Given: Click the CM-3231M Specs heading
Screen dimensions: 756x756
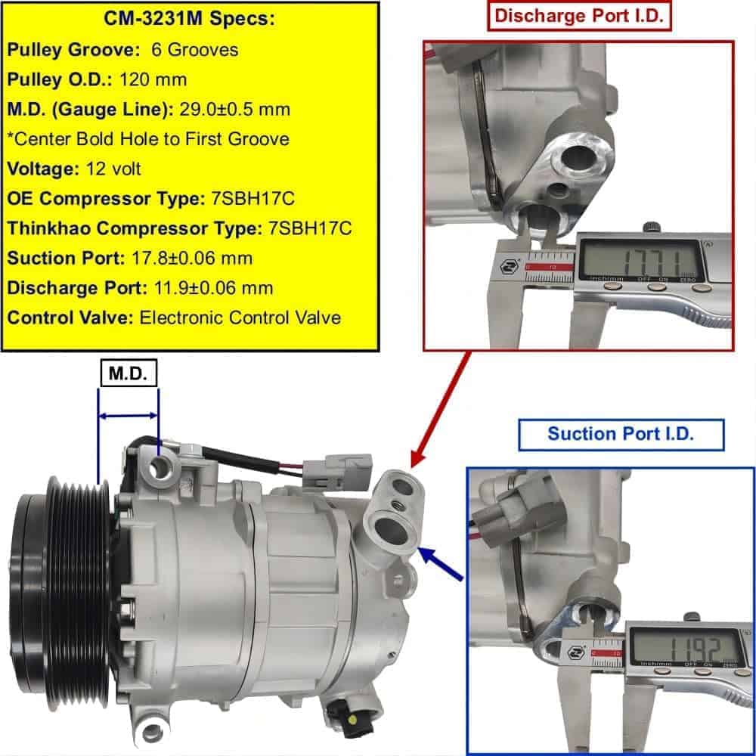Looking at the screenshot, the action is point(189,19).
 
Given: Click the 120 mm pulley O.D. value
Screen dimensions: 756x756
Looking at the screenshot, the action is point(153,79).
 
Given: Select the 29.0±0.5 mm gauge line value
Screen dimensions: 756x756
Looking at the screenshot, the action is point(235,110).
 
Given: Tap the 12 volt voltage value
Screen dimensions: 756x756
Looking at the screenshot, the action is point(113,169).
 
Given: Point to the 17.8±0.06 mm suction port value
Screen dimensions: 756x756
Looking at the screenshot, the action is point(192,259).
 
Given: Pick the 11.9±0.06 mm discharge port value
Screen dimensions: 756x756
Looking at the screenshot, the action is point(214,288).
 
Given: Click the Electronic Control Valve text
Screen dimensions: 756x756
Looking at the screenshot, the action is point(240,318).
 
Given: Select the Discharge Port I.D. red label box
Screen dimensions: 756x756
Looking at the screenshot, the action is point(579,16).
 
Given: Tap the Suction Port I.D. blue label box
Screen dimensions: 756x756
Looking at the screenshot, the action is point(621,435).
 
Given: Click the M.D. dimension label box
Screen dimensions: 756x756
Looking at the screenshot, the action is point(129,373).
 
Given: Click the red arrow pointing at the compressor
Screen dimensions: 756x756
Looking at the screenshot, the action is point(441,410).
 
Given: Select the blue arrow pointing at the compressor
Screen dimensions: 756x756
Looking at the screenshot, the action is point(441,563).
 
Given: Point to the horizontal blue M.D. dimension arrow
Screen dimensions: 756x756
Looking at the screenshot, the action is point(128,416).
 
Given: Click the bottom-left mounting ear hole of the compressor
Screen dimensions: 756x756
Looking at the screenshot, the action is point(153,733).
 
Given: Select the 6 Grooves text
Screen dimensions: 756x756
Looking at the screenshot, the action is point(195,50).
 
